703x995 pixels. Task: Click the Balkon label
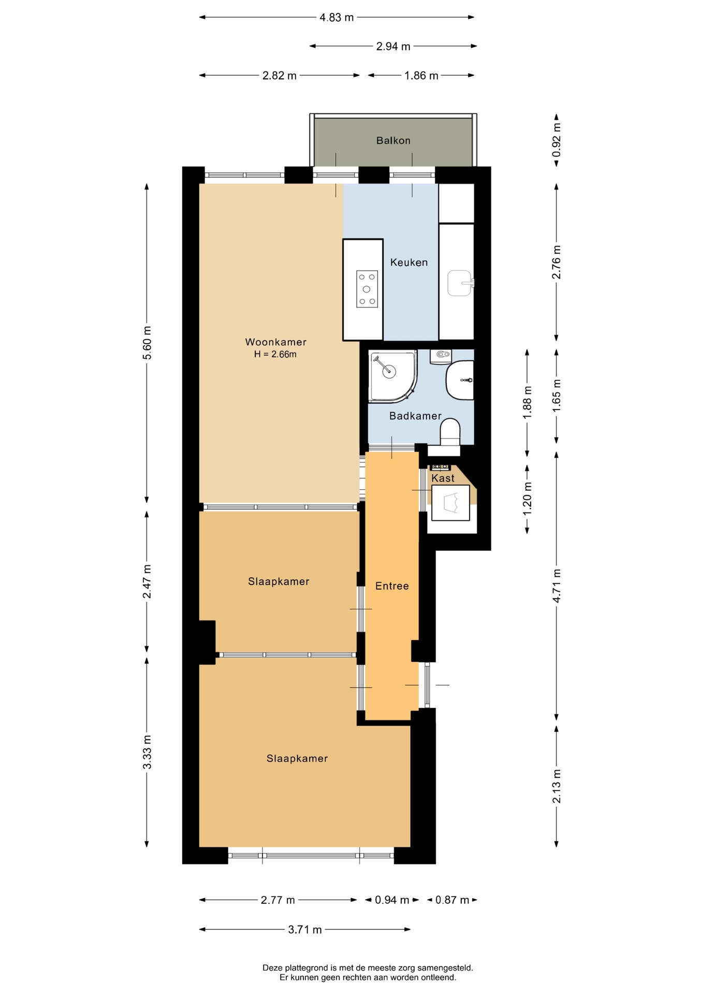pyautogui.click(x=393, y=140)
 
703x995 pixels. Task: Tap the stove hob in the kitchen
pyautogui.click(x=367, y=289)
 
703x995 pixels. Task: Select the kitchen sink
pyautogui.click(x=460, y=283)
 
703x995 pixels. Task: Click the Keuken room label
pyautogui.click(x=409, y=262)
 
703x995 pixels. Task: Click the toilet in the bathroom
pyautogui.click(x=450, y=432)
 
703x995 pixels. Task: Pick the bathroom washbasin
pyautogui.click(x=460, y=381)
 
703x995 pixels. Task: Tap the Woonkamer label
pyautogui.click(x=275, y=342)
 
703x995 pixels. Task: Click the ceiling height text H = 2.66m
pyautogui.click(x=275, y=354)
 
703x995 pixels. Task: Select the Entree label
pyautogui.click(x=392, y=586)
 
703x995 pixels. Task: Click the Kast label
pyautogui.click(x=443, y=478)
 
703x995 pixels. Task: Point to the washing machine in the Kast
pyautogui.click(x=450, y=503)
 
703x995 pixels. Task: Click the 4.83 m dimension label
pyautogui.click(x=336, y=18)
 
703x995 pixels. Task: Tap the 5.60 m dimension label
pyautogui.click(x=147, y=343)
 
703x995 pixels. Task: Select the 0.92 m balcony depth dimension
pyautogui.click(x=556, y=140)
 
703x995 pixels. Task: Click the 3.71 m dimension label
pyautogui.click(x=305, y=930)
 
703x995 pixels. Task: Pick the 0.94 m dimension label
pyautogui.click(x=392, y=900)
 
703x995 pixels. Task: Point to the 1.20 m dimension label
pyautogui.click(x=528, y=499)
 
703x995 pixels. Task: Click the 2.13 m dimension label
pyautogui.click(x=556, y=786)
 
